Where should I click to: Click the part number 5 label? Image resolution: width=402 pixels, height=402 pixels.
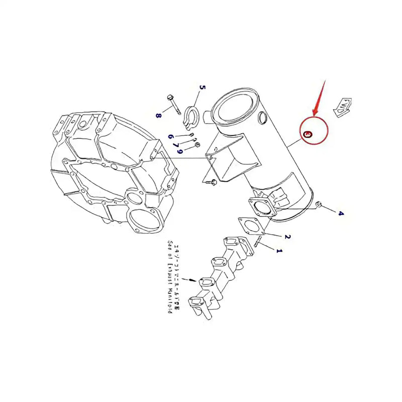point(203,89)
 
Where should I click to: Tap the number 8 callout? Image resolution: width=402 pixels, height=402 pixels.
point(159,116)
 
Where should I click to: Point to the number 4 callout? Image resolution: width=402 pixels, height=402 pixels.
point(341,214)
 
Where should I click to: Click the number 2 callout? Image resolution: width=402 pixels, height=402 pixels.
point(287,237)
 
